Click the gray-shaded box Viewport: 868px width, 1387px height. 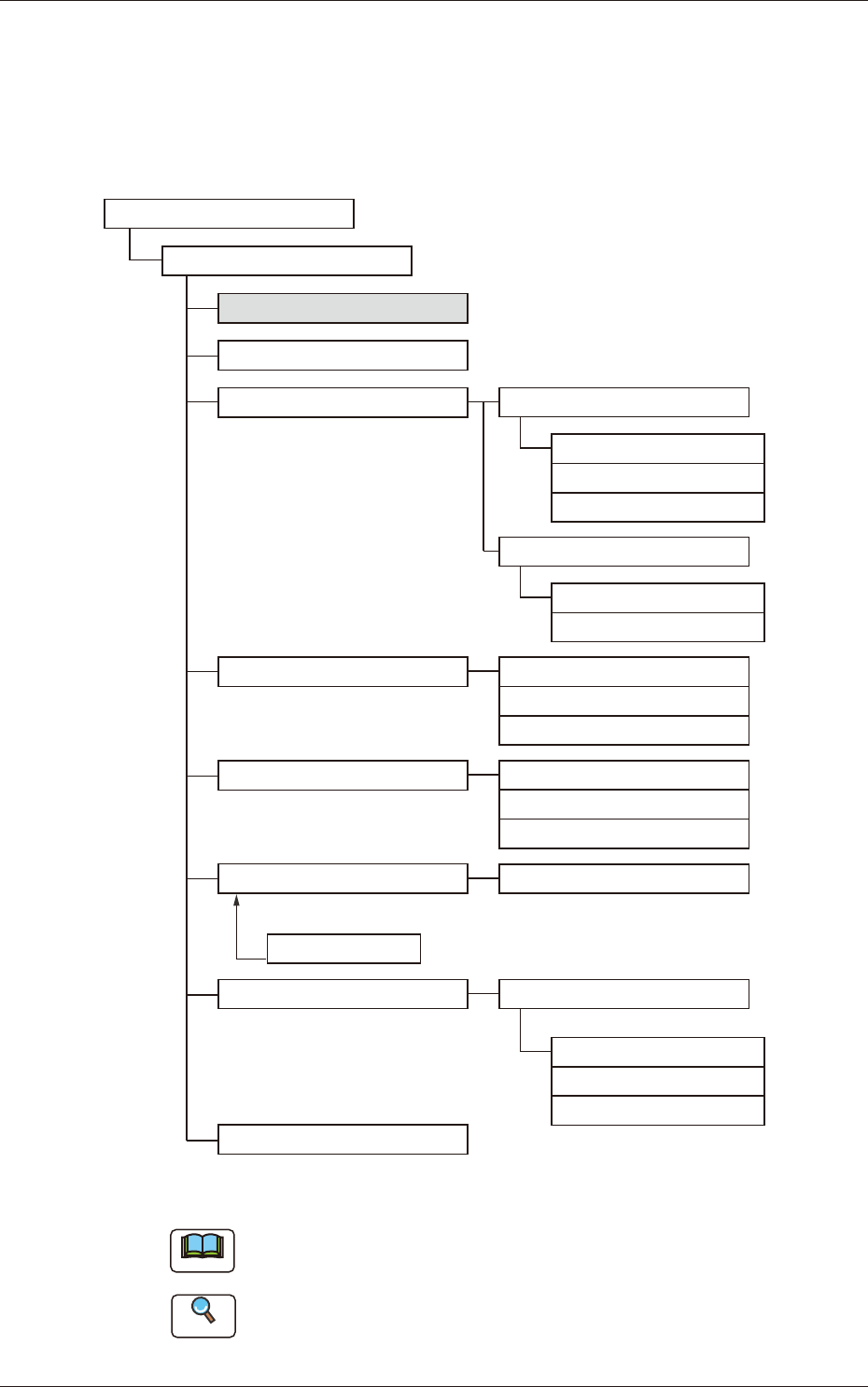(x=343, y=308)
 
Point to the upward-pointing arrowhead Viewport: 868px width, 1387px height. (x=237, y=900)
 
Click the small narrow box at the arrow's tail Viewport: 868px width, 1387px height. (x=343, y=948)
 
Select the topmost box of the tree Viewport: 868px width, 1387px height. (x=229, y=213)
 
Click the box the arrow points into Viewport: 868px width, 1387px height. (x=343, y=878)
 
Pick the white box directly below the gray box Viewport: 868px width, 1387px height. (x=343, y=356)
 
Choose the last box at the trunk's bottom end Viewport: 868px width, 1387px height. (x=343, y=1140)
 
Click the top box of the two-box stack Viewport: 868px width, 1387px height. (x=658, y=598)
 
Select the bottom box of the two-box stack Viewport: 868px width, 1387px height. (x=658, y=627)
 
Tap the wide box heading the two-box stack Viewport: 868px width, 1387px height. (x=623, y=552)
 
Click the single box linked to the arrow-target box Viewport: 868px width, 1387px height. (x=623, y=878)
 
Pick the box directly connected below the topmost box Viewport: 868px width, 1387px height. (x=287, y=260)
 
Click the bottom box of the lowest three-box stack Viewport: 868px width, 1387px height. (x=658, y=1111)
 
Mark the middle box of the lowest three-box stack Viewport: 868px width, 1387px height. (x=658, y=1081)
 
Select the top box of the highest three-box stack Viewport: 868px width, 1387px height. (x=658, y=449)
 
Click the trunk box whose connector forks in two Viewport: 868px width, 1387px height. (x=343, y=402)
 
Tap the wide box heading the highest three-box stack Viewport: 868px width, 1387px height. (x=623, y=402)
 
